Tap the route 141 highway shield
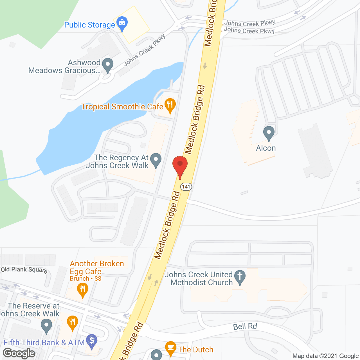click(x=186, y=187)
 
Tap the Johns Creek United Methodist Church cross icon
click(x=240, y=277)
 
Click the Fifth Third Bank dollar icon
click(x=91, y=341)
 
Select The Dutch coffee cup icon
click(x=170, y=348)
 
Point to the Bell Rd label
click(x=245, y=327)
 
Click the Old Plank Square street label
click(x=24, y=270)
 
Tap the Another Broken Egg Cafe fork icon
click(x=82, y=290)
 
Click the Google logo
click(x=19, y=353)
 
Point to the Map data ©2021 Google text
click(x=325, y=356)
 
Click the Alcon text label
click(x=266, y=148)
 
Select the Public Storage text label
click(x=89, y=25)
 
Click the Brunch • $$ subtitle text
click(x=85, y=279)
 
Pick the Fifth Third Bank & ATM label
click(x=44, y=343)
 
